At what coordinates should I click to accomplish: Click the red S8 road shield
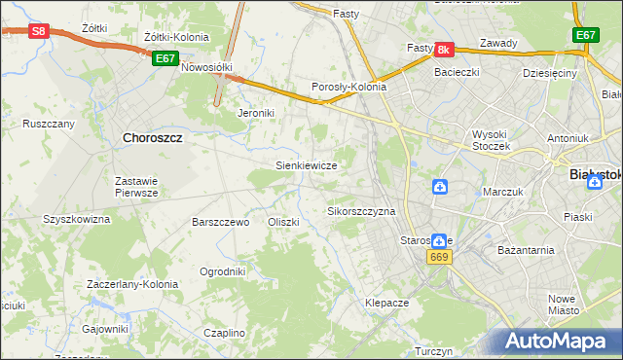(x=38, y=31)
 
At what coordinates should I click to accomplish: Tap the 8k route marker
(x=443, y=49)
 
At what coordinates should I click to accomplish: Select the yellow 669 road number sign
(x=438, y=256)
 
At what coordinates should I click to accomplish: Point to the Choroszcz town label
(x=154, y=138)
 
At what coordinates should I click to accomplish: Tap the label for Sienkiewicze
(x=307, y=165)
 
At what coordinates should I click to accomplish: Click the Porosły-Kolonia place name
(x=349, y=87)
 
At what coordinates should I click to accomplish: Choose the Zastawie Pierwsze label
(x=136, y=187)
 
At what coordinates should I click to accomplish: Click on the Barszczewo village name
(x=221, y=222)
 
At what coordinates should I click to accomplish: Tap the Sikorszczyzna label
(x=361, y=211)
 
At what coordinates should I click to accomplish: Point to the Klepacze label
(x=386, y=303)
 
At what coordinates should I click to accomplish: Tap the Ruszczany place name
(x=49, y=125)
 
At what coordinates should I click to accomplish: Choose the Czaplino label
(x=224, y=333)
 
